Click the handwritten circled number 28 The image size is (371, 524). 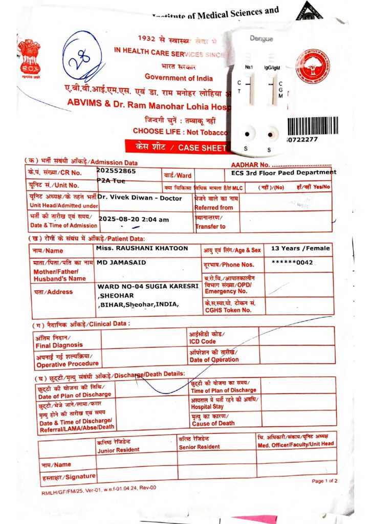(x=82, y=59)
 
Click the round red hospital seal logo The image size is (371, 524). (x=312, y=67)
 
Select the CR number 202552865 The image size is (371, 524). (x=116, y=171)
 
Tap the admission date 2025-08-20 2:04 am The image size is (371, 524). (x=134, y=219)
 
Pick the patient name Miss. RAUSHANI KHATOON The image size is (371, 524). (x=142, y=249)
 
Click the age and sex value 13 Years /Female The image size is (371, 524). (x=300, y=249)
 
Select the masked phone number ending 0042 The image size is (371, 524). (x=292, y=263)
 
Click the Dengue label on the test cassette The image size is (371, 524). (x=261, y=39)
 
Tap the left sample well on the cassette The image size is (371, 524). (x=247, y=135)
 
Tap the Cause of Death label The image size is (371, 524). (x=213, y=420)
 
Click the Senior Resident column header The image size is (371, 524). (x=200, y=443)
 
